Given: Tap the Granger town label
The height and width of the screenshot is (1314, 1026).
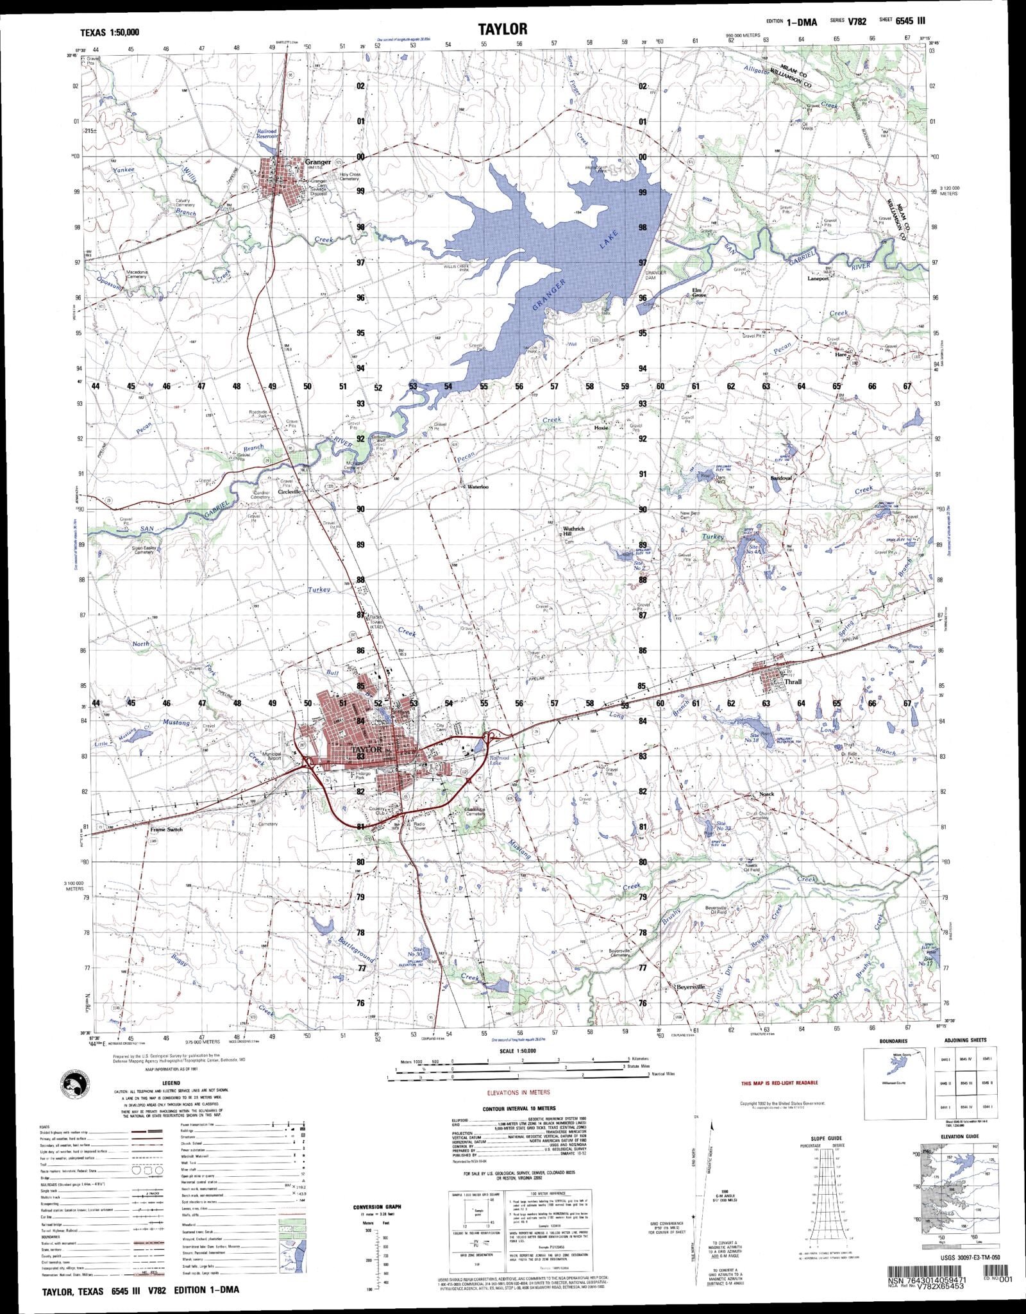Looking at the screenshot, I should tap(318, 162).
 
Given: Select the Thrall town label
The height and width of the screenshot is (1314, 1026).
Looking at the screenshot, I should tap(793, 682).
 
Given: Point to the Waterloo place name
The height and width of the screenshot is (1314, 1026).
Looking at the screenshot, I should tap(478, 487).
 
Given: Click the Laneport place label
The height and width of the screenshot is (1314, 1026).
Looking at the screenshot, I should tap(818, 279).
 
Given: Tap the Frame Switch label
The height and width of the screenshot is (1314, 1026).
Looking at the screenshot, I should tap(166, 829).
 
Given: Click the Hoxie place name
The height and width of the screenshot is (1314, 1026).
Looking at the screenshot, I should tap(601, 427).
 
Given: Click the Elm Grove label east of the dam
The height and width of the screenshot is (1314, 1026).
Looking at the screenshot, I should tap(697, 293).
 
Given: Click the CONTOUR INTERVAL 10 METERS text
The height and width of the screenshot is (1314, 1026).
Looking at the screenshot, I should tap(519, 1108).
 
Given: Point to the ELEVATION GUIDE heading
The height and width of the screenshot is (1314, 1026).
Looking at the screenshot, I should tap(959, 1136).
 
